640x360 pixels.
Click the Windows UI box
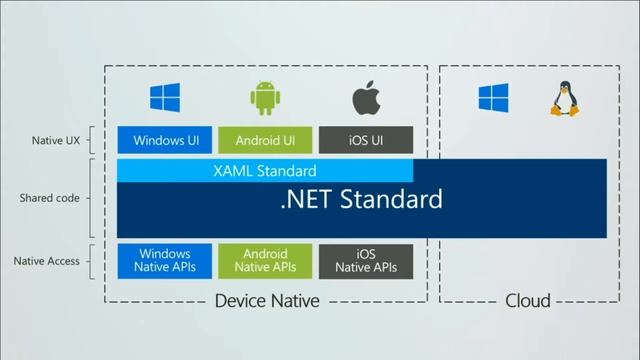tap(165, 140)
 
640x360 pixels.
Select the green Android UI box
tap(265, 140)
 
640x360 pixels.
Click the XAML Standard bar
tap(265, 171)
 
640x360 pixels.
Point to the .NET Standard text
tap(361, 199)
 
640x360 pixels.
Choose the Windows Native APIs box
tap(165, 261)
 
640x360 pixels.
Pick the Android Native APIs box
tap(265, 261)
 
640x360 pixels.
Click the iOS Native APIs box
tap(366, 261)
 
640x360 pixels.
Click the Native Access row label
tap(47, 261)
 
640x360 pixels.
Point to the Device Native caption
tap(267, 300)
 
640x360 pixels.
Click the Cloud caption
tap(527, 300)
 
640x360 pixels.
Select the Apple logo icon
tap(364, 97)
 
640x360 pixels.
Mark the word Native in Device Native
tap(294, 300)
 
